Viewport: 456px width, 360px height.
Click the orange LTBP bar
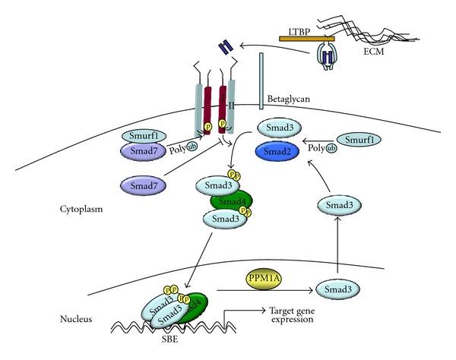tap(308, 36)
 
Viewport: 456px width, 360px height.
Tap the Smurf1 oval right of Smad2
tap(358, 140)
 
